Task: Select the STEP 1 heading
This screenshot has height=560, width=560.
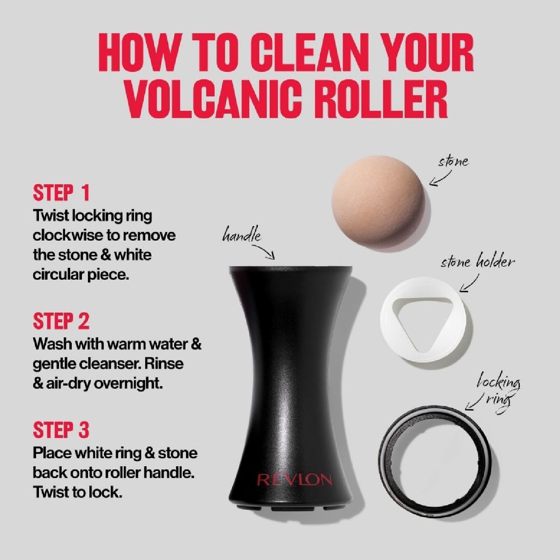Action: (61, 193)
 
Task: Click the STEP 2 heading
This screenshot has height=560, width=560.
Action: (61, 321)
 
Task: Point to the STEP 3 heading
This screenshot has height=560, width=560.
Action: (61, 430)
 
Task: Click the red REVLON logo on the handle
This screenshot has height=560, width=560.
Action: (294, 480)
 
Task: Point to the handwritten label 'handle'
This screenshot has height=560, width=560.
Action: (241, 236)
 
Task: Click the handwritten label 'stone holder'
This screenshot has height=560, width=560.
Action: (477, 262)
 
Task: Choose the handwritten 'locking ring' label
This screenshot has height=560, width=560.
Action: (498, 389)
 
